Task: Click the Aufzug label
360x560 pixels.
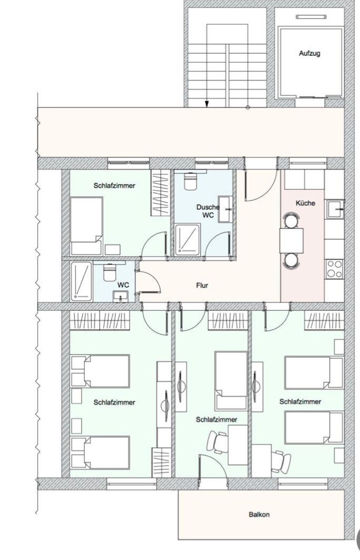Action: tap(309, 54)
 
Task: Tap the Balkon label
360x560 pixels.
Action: tap(259, 515)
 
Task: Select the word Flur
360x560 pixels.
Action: tap(202, 286)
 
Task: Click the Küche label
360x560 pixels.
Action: tap(305, 203)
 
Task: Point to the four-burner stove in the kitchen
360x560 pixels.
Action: tap(334, 269)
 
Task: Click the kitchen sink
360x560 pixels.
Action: tap(335, 209)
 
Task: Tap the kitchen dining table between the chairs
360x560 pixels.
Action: tap(291, 241)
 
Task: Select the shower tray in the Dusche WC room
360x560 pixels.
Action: tap(187, 240)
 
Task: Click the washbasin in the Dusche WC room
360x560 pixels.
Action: tap(225, 209)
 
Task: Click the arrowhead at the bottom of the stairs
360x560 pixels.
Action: tap(207, 104)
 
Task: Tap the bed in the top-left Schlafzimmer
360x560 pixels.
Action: tap(86, 226)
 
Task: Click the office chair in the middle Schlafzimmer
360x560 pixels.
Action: tap(218, 442)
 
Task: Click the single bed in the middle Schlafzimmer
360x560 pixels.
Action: tap(231, 381)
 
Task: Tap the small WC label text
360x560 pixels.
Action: tap(123, 286)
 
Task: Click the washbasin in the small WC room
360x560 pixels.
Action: tap(121, 297)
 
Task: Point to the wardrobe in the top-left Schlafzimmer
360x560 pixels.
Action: tap(160, 192)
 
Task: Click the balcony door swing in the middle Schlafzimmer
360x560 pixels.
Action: tap(213, 466)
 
